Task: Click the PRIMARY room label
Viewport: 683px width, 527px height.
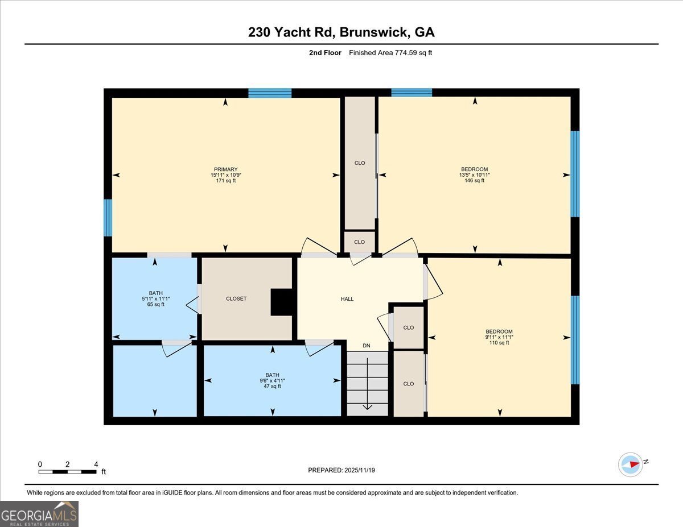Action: click(x=225, y=169)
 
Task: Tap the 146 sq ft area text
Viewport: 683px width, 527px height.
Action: click(x=474, y=181)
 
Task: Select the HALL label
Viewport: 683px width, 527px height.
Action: click(x=347, y=299)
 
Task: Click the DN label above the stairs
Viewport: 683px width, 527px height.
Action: click(x=367, y=345)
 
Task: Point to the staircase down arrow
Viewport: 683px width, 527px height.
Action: click(x=367, y=405)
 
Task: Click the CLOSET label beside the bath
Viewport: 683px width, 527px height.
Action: click(x=236, y=298)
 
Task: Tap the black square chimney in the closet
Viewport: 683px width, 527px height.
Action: click(x=281, y=302)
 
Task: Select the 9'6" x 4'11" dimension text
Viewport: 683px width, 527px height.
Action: click(x=272, y=381)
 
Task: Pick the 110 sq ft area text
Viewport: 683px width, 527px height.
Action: click(x=499, y=343)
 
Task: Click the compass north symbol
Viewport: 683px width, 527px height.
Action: click(x=631, y=464)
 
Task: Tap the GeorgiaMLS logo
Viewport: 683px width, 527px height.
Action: click(x=39, y=514)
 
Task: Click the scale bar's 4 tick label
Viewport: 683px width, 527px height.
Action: click(x=96, y=464)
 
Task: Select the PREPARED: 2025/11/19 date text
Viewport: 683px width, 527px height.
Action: click(x=341, y=470)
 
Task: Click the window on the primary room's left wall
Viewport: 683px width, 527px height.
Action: click(x=108, y=217)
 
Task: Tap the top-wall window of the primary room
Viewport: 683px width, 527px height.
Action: click(x=270, y=93)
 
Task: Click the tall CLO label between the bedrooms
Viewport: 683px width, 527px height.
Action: click(x=360, y=163)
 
